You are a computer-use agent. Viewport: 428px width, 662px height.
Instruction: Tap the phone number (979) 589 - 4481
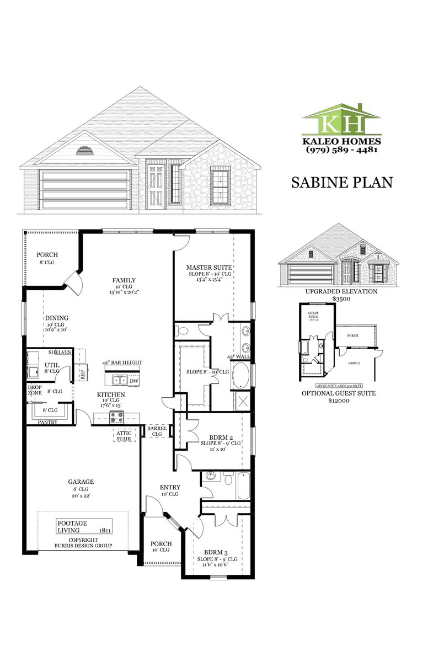[x=341, y=150]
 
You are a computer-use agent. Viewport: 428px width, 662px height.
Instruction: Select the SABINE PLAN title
[x=341, y=182]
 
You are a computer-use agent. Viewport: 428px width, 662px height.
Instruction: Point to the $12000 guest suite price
[x=339, y=401]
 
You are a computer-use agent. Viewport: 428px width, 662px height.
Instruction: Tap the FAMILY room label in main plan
[x=124, y=280]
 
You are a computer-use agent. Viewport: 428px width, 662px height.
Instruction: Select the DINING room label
[x=56, y=318]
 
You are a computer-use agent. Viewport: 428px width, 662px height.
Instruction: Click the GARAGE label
[x=81, y=482]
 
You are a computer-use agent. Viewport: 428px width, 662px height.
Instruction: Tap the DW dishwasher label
[x=134, y=381]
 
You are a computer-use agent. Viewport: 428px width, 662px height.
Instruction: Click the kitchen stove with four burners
[x=116, y=417]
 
